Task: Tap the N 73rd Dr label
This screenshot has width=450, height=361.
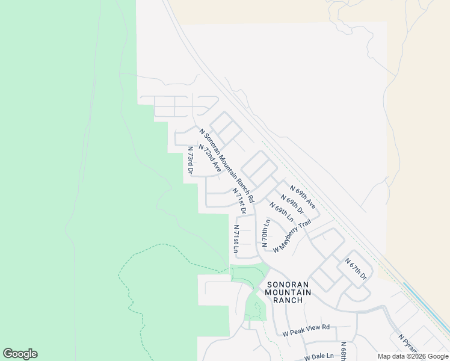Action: click(190, 160)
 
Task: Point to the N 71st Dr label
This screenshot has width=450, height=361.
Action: click(239, 200)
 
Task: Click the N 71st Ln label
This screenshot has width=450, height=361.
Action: click(236, 238)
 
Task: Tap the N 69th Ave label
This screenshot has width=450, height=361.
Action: click(303, 197)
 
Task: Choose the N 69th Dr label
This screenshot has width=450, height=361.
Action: click(292, 206)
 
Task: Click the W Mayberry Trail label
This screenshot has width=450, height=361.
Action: click(292, 236)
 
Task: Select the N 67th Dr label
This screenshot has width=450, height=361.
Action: click(356, 268)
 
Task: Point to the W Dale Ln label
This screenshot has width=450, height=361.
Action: click(319, 356)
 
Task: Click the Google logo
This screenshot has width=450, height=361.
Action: click(20, 354)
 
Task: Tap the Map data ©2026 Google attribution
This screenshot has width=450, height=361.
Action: click(413, 356)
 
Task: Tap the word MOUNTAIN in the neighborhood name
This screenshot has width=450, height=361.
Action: click(288, 292)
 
